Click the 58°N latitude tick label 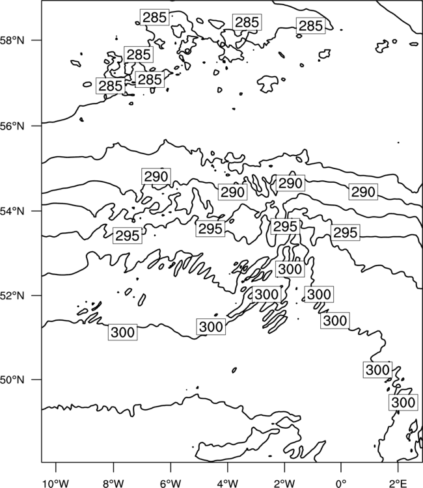click(x=12, y=40)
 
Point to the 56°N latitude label click(x=12, y=126)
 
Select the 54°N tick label click(x=12, y=211)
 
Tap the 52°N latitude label click(x=12, y=295)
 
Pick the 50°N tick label click(x=12, y=380)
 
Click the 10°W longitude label click(x=56, y=483)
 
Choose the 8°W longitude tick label click(x=113, y=483)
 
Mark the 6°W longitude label click(x=171, y=483)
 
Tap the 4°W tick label click(x=227, y=483)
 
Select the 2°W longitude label click(x=284, y=483)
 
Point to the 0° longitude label click(x=341, y=483)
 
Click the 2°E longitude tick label click(x=398, y=483)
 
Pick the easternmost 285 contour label click(x=310, y=26)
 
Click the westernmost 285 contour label click(x=111, y=86)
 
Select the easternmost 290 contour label click(x=363, y=192)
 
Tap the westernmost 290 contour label click(x=156, y=176)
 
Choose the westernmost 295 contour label click(x=128, y=236)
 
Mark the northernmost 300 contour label click(x=290, y=269)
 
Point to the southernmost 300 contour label click(x=403, y=402)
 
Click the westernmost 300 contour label click(x=122, y=332)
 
